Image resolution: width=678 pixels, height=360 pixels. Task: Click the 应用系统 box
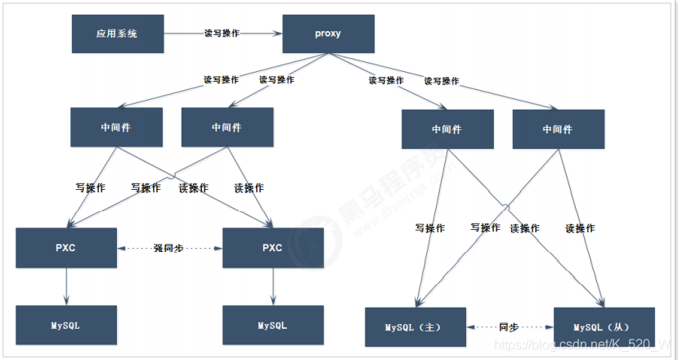coord(118,34)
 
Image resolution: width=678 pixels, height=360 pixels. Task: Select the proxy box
coord(328,34)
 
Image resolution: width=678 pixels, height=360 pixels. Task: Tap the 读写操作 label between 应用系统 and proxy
coord(222,34)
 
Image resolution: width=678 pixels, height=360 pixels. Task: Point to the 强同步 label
coord(170,248)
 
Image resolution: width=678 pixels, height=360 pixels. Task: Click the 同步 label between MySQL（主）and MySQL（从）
coord(509,327)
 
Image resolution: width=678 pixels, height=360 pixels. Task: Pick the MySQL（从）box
coord(604,327)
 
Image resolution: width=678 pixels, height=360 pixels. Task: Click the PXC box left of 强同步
coord(66,248)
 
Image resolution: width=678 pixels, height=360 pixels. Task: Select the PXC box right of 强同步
coord(273,248)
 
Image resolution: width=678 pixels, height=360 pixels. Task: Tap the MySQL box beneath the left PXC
coord(66,325)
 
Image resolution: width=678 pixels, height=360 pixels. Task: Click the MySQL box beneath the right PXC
coord(273,325)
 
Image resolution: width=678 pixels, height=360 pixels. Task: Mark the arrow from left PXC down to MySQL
coord(66,286)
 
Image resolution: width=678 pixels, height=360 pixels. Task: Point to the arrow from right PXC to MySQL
coord(273,286)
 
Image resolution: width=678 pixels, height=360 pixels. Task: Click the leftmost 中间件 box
coord(117,127)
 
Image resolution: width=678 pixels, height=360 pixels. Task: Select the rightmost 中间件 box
coord(558,129)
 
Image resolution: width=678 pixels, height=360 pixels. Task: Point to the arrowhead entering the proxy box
coord(278,34)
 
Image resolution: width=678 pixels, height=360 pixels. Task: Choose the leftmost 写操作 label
coord(90,188)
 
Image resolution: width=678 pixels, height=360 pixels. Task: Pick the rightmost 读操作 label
coord(580,228)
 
